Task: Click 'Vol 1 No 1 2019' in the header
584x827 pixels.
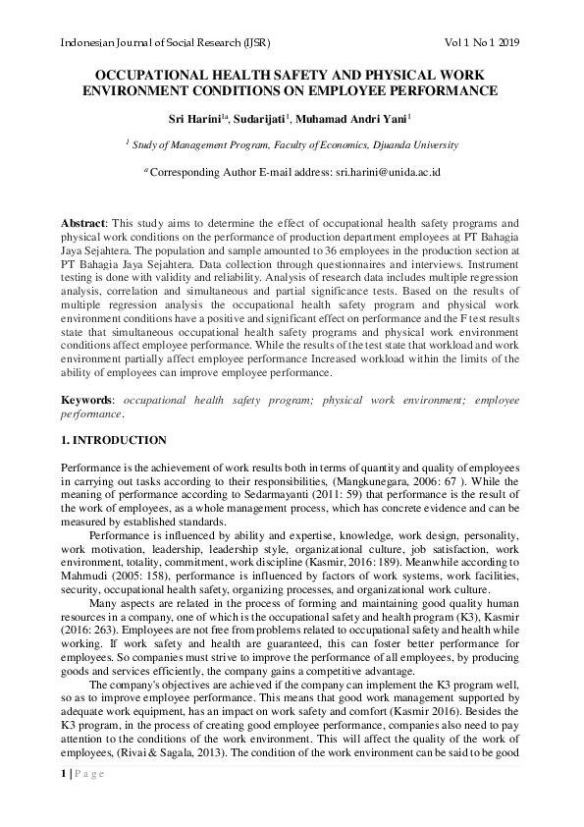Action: [482, 43]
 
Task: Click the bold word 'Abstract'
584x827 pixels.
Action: [82, 224]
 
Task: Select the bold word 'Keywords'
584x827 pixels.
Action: [87, 400]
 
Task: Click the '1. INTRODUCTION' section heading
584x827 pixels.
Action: [113, 441]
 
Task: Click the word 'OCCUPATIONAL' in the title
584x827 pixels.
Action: [156, 76]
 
